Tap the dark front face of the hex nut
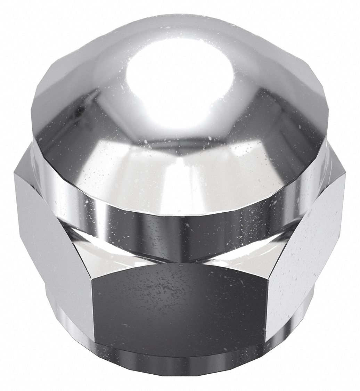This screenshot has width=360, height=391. tap(177, 306)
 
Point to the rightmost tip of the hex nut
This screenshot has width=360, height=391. tap(346, 174)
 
